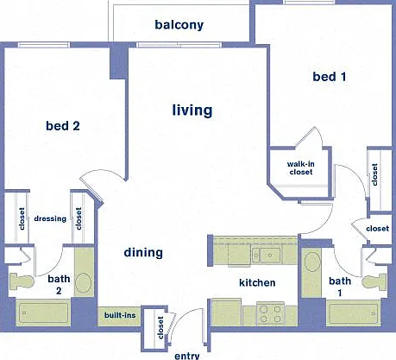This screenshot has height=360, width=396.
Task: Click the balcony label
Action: [179, 25]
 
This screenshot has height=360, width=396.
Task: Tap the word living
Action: [192, 111]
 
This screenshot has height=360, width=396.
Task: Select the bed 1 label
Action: [330, 77]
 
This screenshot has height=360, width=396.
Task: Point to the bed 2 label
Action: [63, 126]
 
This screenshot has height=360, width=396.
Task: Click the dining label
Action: [143, 252]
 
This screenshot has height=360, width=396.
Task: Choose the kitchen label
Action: [257, 282]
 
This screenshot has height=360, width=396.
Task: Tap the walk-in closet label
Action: [301, 167]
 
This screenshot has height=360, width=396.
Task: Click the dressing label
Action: [50, 218]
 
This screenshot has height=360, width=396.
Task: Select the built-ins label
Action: [120, 315]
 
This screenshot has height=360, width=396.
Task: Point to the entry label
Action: [187, 356]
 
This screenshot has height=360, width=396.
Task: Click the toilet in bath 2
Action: [22, 281]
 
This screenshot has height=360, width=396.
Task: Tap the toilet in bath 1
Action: [374, 281]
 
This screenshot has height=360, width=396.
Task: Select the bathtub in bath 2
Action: [43, 313]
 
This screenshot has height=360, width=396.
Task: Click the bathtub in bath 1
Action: [354, 313]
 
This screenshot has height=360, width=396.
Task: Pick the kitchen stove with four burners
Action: [270, 313]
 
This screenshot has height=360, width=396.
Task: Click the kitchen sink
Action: [267, 255]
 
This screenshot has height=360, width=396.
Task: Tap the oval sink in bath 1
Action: [312, 262]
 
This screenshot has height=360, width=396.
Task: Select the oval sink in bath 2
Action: [84, 283]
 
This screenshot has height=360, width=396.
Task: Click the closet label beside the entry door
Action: [160, 327]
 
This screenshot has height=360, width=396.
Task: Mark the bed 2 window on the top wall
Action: [44, 45]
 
